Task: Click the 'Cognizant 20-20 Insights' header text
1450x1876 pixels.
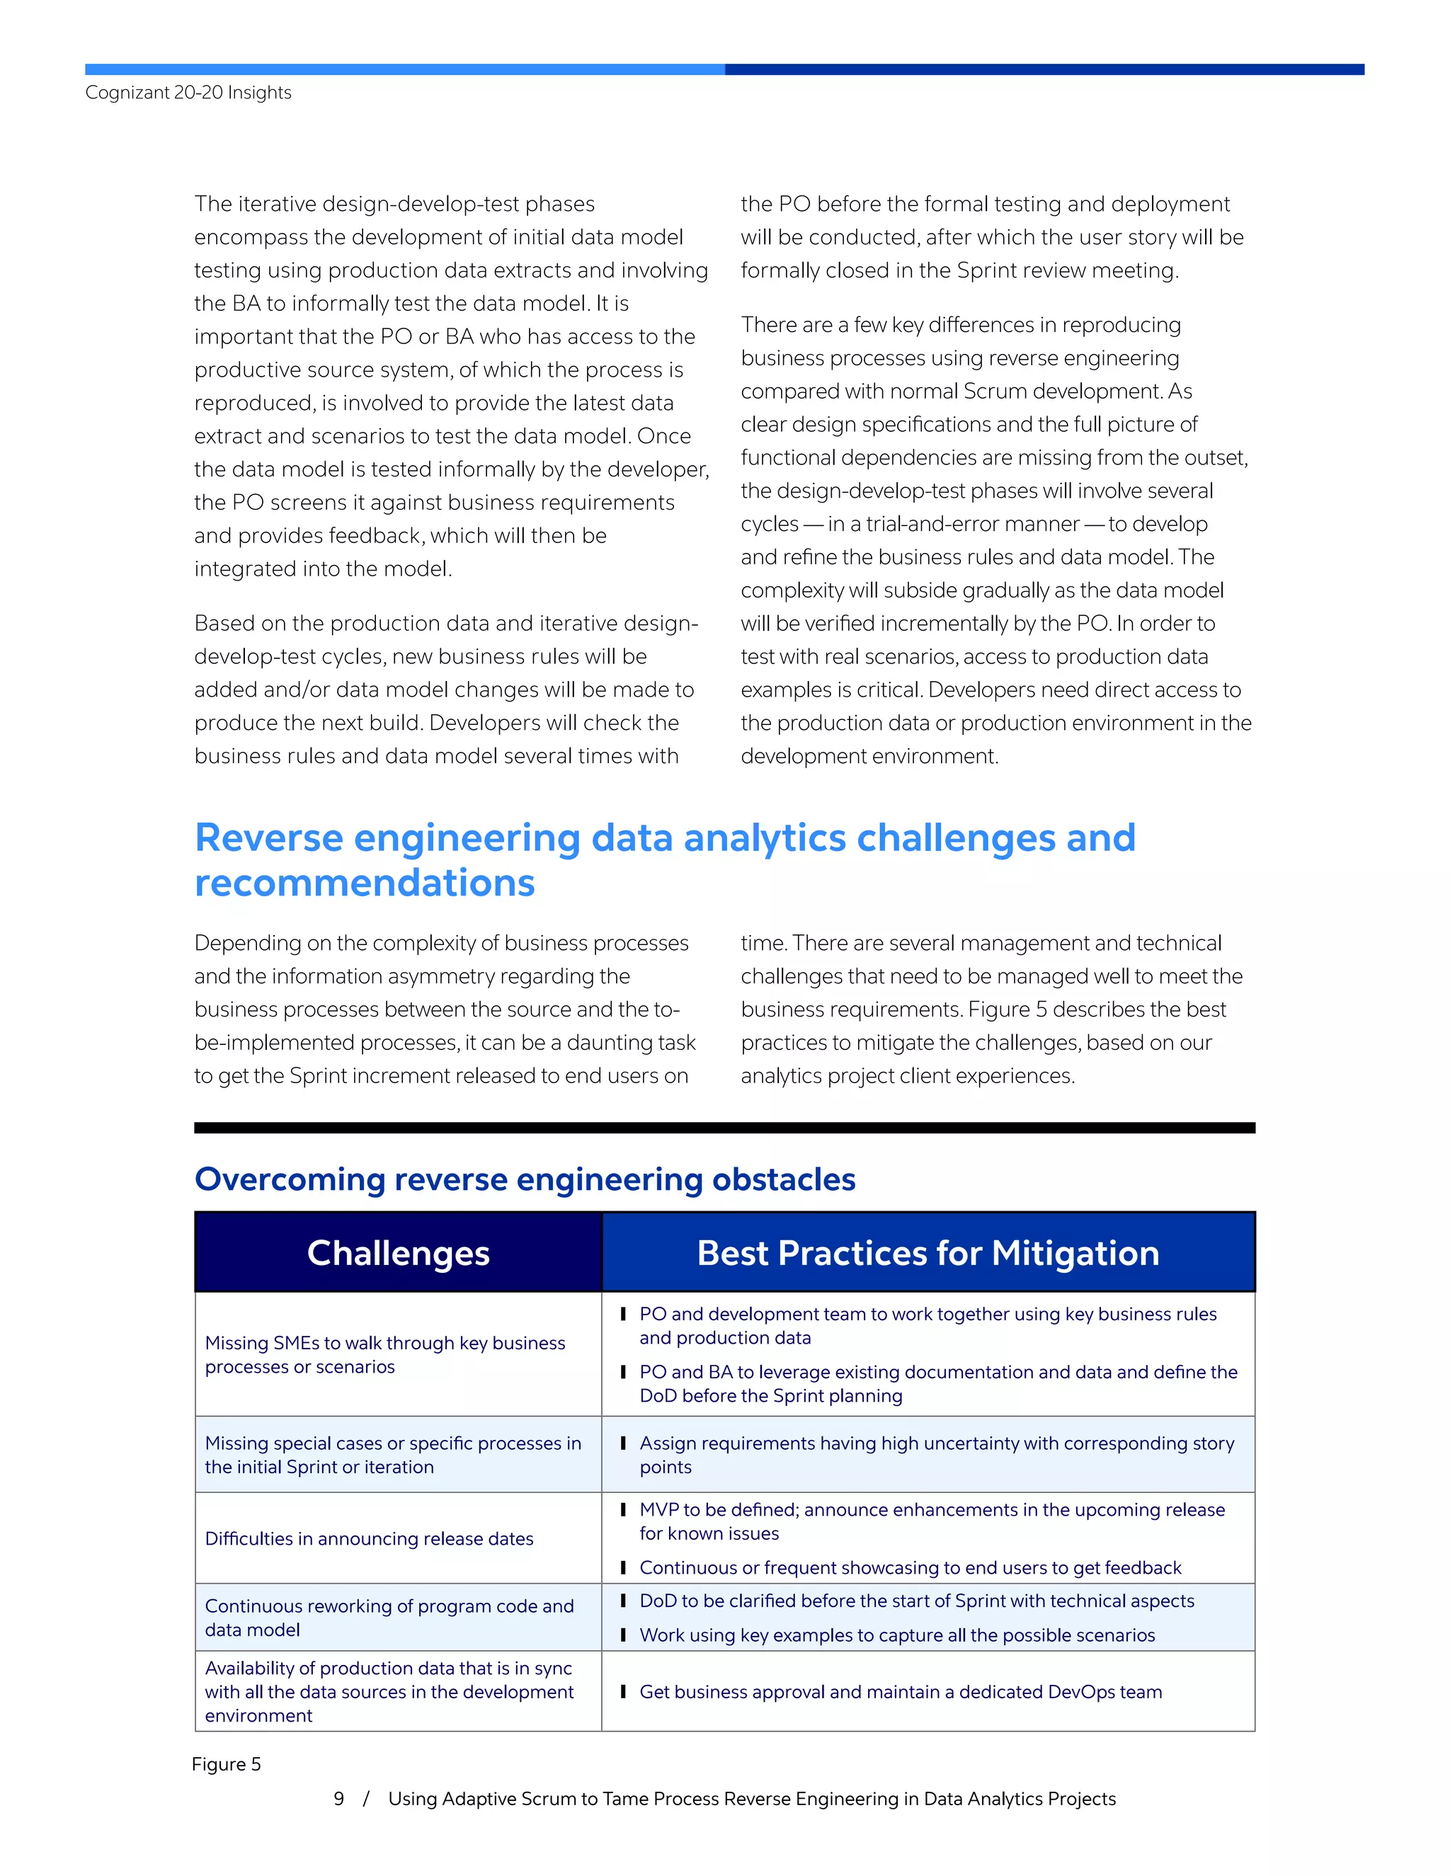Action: (188, 93)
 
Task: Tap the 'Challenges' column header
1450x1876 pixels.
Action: (398, 1252)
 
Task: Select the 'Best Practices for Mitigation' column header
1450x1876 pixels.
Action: (927, 1252)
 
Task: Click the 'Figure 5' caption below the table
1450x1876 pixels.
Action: (226, 1763)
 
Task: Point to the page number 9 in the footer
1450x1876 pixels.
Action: (338, 1798)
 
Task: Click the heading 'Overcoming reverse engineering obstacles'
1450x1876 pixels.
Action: (525, 1179)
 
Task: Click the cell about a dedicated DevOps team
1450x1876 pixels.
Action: (901, 1691)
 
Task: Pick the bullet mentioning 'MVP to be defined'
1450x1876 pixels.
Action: (931, 1521)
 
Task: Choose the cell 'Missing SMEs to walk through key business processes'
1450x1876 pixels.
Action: (385, 1354)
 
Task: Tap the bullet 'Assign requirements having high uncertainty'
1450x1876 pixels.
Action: (936, 1454)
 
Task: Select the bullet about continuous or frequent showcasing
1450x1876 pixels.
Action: (910, 1567)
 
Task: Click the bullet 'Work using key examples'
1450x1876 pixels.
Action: (897, 1635)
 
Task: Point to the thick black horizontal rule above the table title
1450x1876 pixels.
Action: (724, 1128)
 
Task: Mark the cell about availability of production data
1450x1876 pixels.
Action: (388, 1691)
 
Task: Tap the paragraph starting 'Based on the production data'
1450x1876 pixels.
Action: (447, 689)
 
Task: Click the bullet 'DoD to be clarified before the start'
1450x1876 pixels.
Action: (917, 1601)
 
